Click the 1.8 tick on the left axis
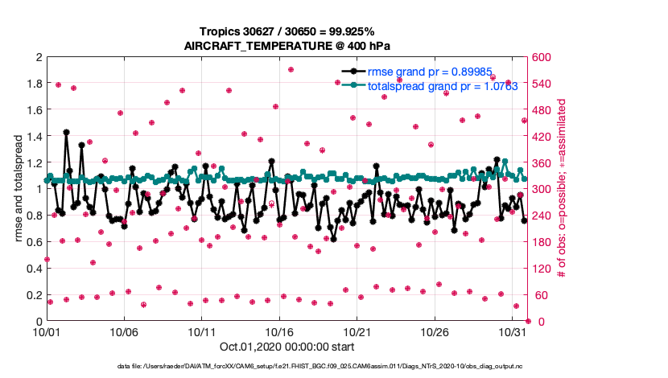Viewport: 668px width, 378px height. point(33,84)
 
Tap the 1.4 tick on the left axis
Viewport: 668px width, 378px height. point(33,137)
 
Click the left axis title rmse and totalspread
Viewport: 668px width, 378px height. point(18,189)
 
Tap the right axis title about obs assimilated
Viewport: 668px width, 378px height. point(562,189)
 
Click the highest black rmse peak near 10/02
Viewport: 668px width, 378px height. point(66,132)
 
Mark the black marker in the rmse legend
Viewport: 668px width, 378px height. point(351,71)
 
